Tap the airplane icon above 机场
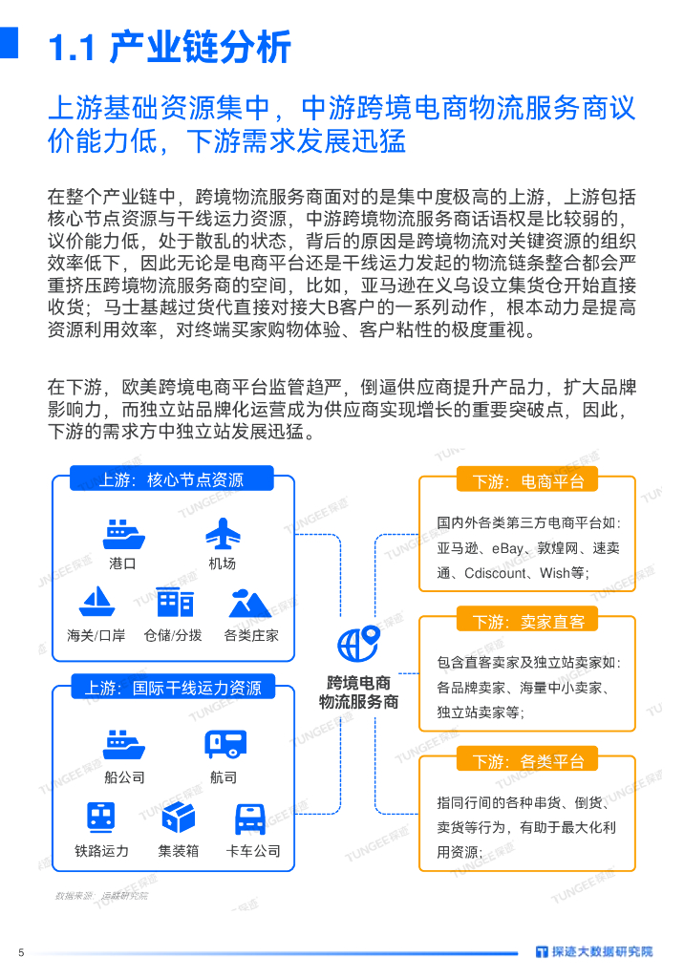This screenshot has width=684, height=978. pos(223,533)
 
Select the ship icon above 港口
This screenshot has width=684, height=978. pos(123,533)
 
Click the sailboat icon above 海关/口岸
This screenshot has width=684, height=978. pos(96,602)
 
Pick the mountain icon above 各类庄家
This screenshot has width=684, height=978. pos(250,602)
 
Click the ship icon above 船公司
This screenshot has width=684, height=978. pos(123,743)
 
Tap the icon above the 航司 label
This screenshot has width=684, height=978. pos(224,743)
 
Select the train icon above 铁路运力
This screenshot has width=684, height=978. pos(101,817)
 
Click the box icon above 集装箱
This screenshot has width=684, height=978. pos(179,817)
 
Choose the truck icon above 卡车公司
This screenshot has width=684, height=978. pos(251,818)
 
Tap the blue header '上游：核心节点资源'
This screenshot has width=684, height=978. pos(171,479)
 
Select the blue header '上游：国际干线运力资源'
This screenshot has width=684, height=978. pos(171,687)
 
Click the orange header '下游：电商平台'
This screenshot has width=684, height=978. pos(527,481)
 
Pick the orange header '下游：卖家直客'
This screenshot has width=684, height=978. pos(527,622)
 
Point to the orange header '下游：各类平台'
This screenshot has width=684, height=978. pos(527,761)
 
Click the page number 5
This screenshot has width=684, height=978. pos(20,951)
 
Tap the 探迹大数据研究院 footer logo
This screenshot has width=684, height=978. pos(594,951)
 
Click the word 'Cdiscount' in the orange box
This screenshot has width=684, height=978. pos(497,574)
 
